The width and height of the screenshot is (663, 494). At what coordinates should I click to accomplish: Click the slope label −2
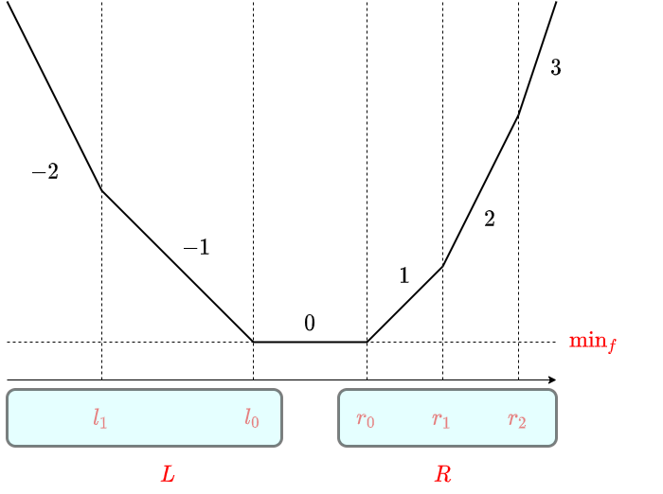click(45, 172)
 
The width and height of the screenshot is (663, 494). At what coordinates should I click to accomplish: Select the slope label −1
click(196, 248)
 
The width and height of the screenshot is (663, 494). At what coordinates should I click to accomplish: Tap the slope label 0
click(310, 324)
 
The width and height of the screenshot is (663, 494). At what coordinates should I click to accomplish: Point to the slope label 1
click(404, 276)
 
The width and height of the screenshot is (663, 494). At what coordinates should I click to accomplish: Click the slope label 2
click(490, 220)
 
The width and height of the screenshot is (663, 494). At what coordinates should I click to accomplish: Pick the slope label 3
click(556, 68)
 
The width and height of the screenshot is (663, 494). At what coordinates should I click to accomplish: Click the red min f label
click(592, 342)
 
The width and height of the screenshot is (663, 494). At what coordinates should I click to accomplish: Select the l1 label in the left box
click(100, 417)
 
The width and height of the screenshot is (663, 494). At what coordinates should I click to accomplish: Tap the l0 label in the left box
click(252, 417)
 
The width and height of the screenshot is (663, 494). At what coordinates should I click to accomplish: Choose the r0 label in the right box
click(366, 417)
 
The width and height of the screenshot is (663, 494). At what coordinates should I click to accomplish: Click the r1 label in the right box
click(441, 417)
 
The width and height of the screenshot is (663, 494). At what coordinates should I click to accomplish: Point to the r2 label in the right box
click(517, 417)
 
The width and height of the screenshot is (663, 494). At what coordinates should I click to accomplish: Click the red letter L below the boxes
click(168, 474)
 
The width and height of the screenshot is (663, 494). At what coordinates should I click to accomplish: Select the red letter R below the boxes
click(442, 474)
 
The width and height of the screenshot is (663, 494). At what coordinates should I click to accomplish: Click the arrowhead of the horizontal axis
click(552, 379)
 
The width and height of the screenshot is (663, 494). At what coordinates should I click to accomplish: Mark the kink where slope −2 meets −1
click(101, 191)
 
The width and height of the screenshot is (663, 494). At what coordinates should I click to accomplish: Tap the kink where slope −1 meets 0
click(253, 342)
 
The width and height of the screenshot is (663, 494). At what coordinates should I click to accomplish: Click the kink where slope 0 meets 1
click(367, 342)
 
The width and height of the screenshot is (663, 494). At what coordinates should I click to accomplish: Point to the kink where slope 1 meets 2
click(442, 266)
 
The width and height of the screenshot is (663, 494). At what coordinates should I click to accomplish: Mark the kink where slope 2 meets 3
click(518, 115)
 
